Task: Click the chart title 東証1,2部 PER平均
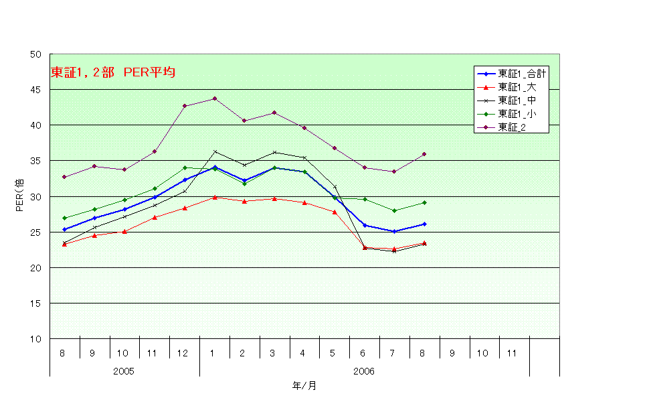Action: pos(113,73)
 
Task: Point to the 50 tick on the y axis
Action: pos(36,54)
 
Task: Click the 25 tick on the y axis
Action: pos(36,232)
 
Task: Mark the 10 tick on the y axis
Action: pos(36,339)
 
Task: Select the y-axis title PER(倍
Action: pos(20,196)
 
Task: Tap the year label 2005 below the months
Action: pos(124,371)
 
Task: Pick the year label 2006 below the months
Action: pos(364,371)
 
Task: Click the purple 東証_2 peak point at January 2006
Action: pos(215,98)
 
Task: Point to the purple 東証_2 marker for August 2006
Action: pos(424,154)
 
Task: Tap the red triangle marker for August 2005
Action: pos(64,245)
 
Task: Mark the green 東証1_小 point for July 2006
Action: pos(394,210)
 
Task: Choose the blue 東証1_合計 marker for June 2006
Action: pos(365,225)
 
